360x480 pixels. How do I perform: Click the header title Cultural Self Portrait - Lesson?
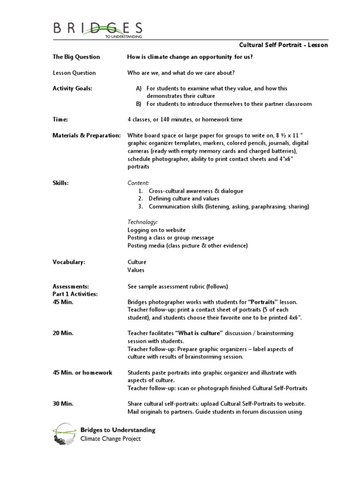click(x=284, y=45)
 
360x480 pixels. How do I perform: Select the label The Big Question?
click(x=76, y=57)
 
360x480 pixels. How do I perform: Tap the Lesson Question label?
click(x=74, y=73)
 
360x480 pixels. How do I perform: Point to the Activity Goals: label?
click(x=72, y=88)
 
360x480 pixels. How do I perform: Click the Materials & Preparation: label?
click(x=86, y=135)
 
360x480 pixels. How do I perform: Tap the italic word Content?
click(x=138, y=183)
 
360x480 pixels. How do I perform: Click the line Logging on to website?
click(x=157, y=230)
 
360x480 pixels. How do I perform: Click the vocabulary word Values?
click(x=136, y=270)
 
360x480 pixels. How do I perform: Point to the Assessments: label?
click(x=70, y=286)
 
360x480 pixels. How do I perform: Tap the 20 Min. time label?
click(x=63, y=333)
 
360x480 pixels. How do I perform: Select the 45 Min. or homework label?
click(x=82, y=373)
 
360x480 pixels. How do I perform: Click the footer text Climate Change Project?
click(x=111, y=439)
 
